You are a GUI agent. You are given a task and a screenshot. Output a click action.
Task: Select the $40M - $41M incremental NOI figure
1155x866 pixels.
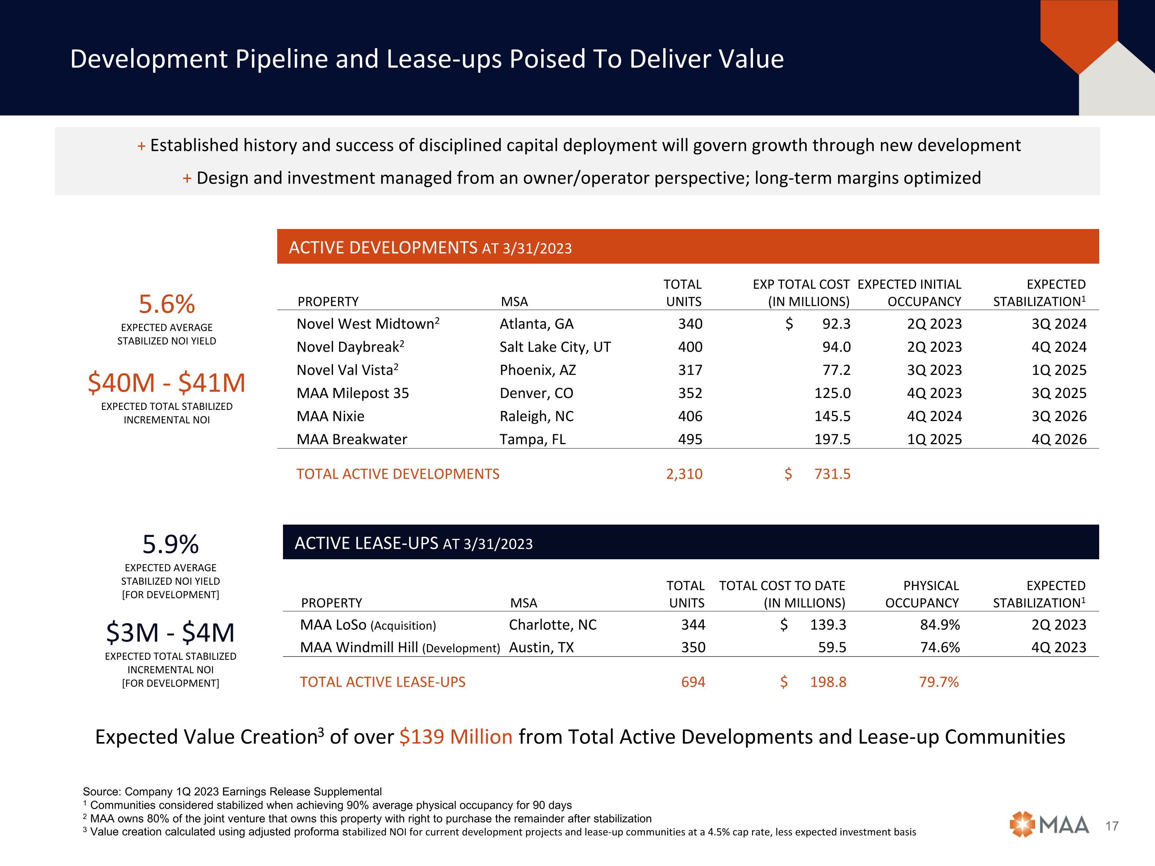(x=167, y=383)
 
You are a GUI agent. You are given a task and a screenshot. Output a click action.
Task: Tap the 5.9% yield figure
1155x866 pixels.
(x=171, y=545)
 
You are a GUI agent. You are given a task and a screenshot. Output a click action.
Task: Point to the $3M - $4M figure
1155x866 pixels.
(x=171, y=633)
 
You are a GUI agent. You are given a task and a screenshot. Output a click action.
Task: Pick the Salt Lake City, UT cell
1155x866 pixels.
(x=555, y=347)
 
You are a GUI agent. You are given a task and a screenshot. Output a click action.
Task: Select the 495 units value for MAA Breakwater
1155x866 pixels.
(x=690, y=440)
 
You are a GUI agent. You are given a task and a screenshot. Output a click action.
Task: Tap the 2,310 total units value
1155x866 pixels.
(x=684, y=474)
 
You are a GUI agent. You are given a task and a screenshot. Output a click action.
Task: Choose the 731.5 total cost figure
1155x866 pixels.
(x=832, y=474)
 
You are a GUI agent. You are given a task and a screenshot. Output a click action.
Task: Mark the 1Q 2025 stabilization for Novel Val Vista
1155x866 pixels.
(x=1058, y=370)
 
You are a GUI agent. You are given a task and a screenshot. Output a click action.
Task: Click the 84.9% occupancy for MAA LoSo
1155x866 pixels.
(x=940, y=625)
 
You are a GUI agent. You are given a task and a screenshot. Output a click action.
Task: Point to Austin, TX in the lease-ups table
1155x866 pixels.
(x=541, y=648)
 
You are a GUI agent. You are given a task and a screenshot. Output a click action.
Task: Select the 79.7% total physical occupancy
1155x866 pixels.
(x=939, y=682)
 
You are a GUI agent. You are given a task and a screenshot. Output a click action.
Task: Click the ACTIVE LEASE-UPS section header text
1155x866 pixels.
(x=413, y=543)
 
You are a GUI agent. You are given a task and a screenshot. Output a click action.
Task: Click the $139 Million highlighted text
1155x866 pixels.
(x=456, y=737)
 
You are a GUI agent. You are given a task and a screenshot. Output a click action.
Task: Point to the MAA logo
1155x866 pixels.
(x=1049, y=825)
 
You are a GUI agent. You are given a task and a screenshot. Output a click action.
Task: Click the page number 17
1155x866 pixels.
(x=1112, y=826)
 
